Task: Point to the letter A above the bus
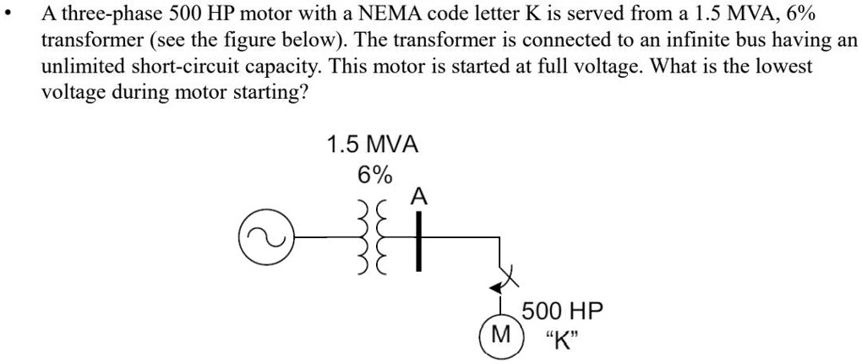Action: (x=417, y=198)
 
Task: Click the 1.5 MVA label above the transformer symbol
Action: (x=373, y=144)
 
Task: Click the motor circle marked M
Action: (x=502, y=335)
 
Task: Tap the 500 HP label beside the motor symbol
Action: (x=562, y=311)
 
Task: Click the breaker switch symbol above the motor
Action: (x=503, y=280)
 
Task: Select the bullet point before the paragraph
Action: (x=7, y=17)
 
